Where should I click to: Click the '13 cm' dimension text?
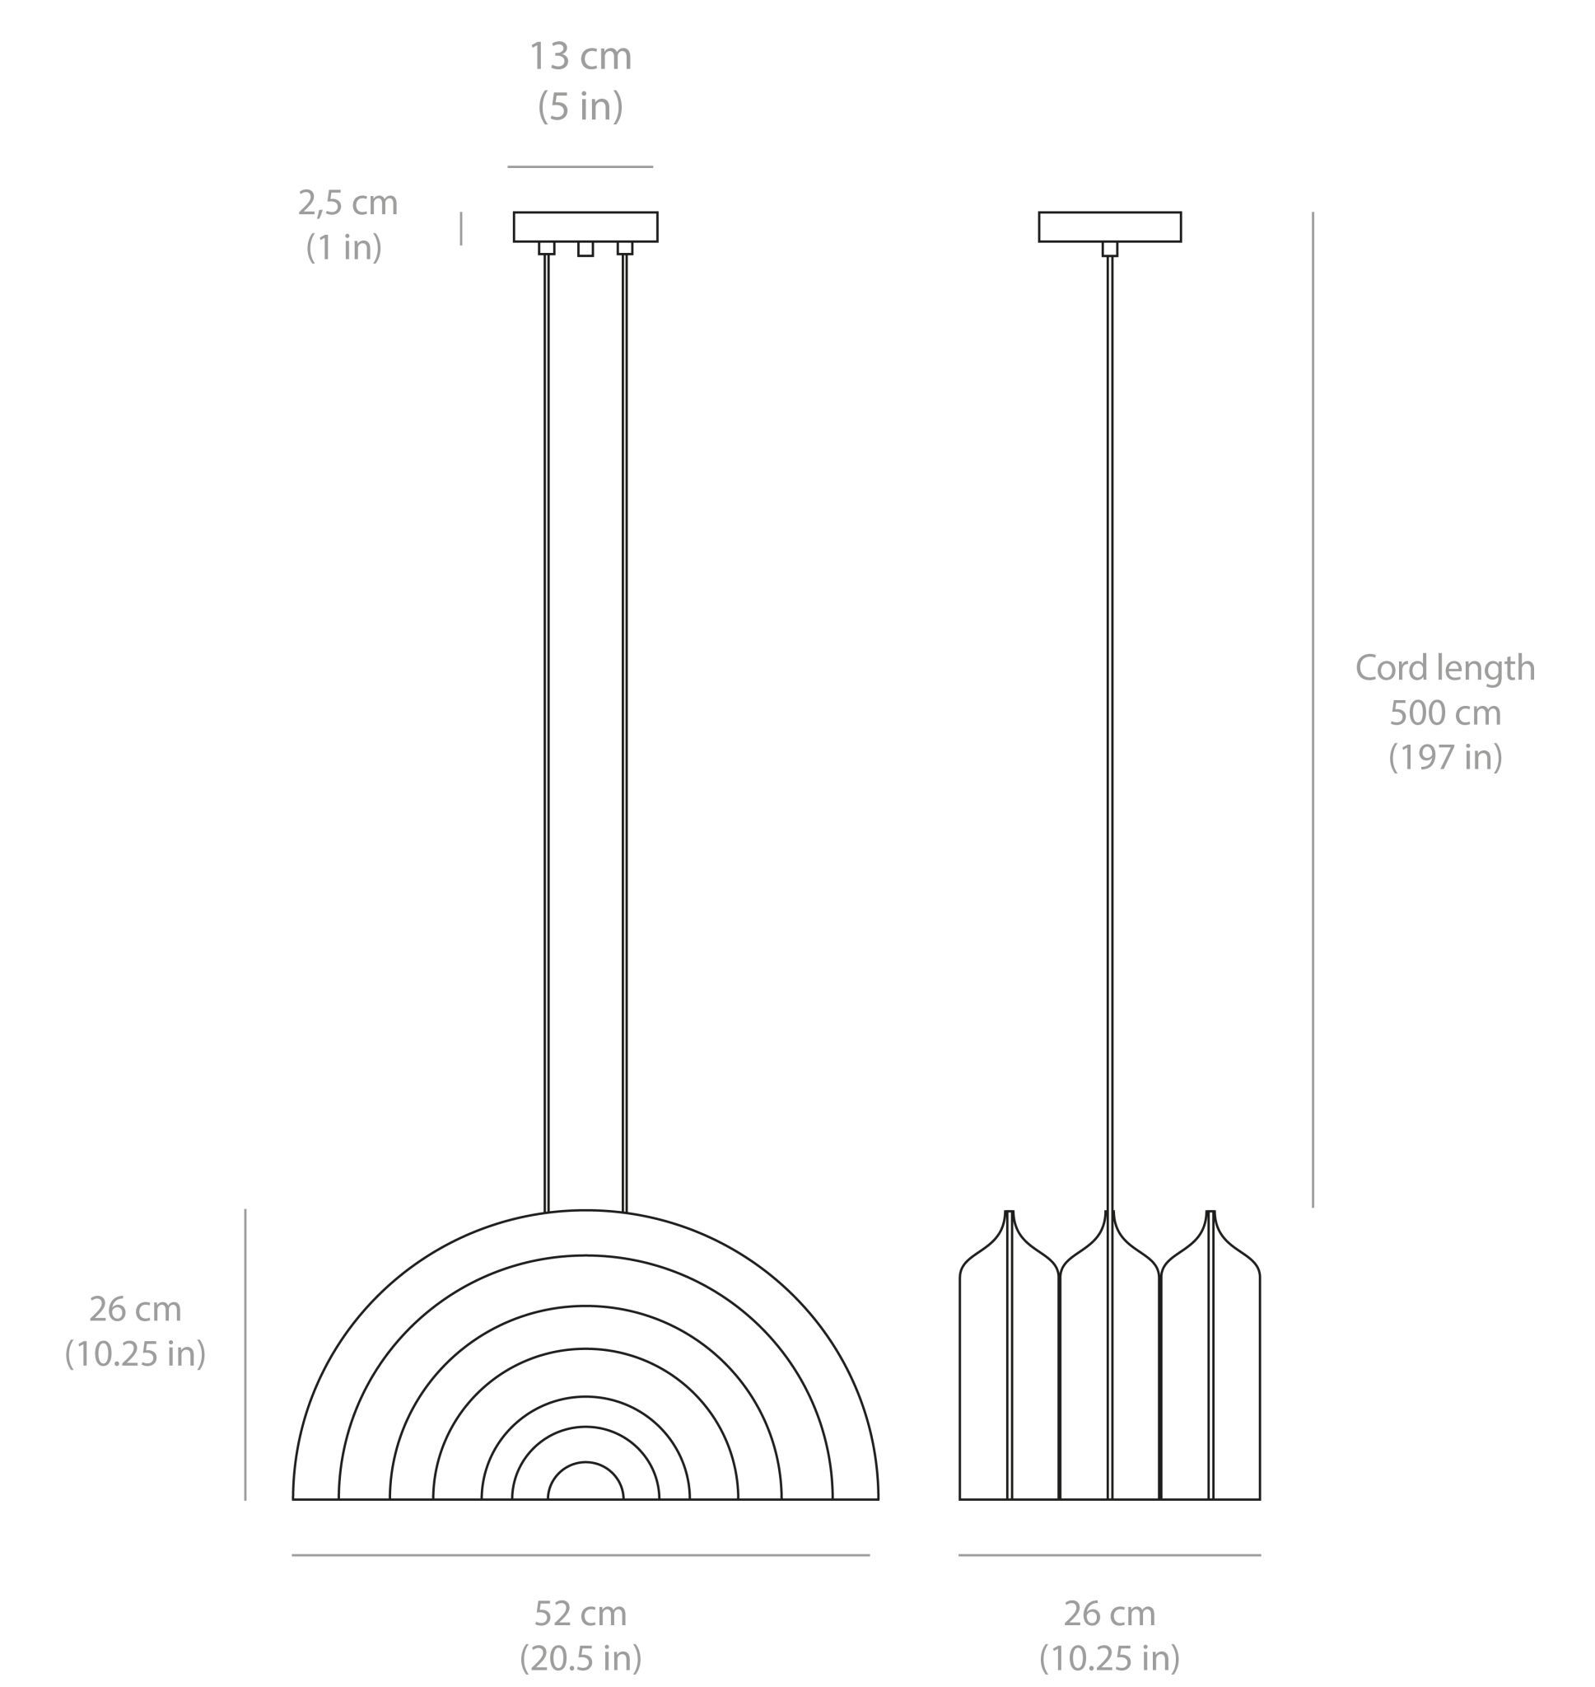[581, 57]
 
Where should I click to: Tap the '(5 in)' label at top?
[581, 106]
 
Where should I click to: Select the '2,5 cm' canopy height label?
[347, 203]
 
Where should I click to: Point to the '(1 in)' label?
[343, 247]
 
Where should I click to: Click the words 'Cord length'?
[1444, 667]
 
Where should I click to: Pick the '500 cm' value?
[1444, 713]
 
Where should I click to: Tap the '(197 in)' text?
[1444, 757]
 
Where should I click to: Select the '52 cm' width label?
[581, 1613]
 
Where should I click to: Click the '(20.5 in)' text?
[581, 1657]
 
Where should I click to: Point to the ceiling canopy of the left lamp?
[585, 227]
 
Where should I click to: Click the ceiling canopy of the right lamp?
[1109, 227]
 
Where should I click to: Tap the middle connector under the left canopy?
[585, 249]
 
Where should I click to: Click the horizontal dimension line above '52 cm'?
[581, 1555]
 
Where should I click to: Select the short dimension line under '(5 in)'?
[581, 166]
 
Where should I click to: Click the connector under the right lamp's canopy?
[1109, 249]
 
